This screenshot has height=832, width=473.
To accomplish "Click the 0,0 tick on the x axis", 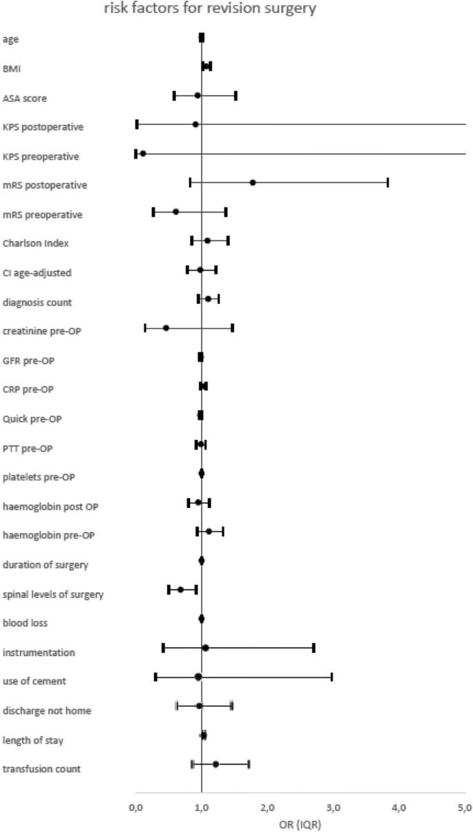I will coord(135,806).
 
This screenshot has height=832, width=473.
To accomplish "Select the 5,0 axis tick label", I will coord(465,806).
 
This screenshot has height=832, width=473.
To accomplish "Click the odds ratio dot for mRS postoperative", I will coord(253,182).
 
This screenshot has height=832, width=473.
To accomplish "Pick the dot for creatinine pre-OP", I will coord(166,328).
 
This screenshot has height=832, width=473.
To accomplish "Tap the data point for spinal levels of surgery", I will coord(181,590).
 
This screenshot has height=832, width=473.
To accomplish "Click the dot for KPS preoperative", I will coord(143,153).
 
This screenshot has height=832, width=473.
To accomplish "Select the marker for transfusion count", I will coord(215,764).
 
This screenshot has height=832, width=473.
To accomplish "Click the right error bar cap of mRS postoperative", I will coord(387,182).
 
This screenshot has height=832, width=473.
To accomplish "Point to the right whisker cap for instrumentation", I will coord(313,648).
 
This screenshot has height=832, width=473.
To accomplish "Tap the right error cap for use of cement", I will coord(331,677).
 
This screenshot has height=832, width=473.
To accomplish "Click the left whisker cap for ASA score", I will coord(174,95).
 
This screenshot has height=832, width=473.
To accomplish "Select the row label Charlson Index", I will coord(35,243).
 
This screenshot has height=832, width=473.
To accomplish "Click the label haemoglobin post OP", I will coord(50,507).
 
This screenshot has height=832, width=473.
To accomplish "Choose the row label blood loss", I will coord(25,623).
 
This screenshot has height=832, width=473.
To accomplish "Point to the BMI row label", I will coord(12,68).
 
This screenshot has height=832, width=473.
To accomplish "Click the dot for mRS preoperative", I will coord(175,212).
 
